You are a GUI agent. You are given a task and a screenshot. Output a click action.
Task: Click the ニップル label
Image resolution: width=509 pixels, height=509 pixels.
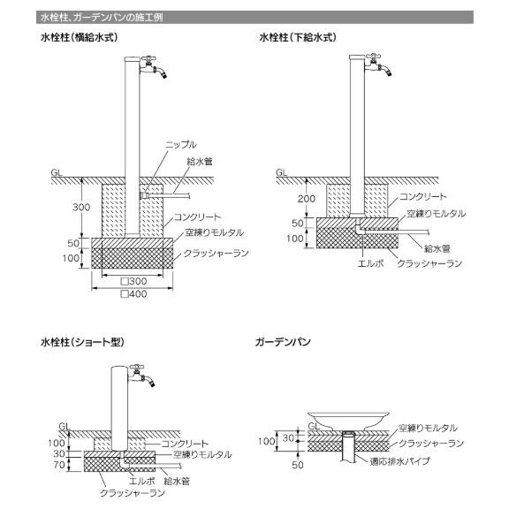[181, 144]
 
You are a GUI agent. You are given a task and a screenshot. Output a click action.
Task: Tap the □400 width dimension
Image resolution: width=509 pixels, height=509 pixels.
[133, 293]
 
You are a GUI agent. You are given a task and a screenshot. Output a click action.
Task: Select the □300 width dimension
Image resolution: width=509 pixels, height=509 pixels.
[133, 281]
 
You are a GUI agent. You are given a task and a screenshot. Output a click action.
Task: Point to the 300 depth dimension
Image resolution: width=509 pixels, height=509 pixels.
[81, 207]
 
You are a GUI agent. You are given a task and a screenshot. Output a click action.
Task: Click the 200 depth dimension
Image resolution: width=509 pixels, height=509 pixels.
[306, 199]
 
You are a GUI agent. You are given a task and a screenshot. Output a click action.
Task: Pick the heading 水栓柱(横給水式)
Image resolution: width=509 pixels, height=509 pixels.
[79, 37]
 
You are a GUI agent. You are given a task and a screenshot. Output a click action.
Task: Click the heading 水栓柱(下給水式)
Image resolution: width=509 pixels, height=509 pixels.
[298, 37]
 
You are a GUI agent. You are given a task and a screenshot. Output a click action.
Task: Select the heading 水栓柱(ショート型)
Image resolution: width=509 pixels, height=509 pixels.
[82, 342]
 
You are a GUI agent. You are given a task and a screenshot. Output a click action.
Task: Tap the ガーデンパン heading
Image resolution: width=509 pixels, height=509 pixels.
[283, 342]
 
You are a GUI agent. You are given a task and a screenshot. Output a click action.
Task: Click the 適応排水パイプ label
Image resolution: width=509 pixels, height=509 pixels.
[399, 461]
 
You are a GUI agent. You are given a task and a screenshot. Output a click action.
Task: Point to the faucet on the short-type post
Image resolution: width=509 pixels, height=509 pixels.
[142, 375]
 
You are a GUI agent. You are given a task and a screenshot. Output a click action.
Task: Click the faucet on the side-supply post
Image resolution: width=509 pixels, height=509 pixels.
[154, 67]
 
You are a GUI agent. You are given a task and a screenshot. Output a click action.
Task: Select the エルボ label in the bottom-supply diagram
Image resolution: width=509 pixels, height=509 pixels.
[370, 263]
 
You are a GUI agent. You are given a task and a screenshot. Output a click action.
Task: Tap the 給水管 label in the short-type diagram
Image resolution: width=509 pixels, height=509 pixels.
[177, 481]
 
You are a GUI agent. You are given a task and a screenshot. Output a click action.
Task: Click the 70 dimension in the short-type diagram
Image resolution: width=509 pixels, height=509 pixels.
[59, 465]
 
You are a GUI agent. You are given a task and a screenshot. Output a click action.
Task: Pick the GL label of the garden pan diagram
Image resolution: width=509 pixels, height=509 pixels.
[314, 426]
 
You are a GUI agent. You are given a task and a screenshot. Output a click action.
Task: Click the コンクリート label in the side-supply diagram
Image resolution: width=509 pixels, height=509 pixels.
[197, 217]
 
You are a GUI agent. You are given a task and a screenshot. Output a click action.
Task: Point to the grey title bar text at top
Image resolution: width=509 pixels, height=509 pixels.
[102, 17]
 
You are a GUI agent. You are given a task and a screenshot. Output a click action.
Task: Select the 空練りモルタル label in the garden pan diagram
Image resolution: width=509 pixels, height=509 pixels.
[428, 428]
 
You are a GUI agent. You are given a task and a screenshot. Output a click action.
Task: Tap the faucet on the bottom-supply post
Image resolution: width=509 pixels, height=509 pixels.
[378, 65]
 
